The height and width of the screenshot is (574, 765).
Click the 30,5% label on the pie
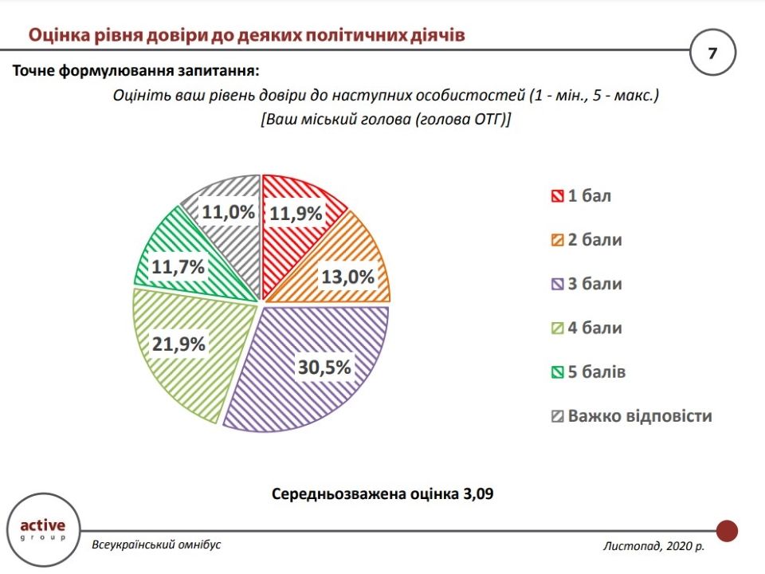(x=324, y=368)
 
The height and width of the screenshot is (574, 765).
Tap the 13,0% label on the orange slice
(x=347, y=277)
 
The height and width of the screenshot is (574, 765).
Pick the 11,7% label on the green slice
(x=179, y=267)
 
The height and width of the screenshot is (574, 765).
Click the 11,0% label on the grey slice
(x=228, y=212)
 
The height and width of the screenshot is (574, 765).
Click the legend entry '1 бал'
(x=581, y=196)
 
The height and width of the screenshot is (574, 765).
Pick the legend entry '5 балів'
(x=589, y=372)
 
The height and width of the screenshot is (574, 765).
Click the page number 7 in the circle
(x=712, y=53)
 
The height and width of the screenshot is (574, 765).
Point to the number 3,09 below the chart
(x=477, y=494)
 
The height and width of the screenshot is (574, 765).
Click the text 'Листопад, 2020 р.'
(x=653, y=546)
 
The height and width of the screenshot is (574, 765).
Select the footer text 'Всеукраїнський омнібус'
(x=156, y=545)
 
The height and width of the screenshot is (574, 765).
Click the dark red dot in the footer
(x=727, y=530)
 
